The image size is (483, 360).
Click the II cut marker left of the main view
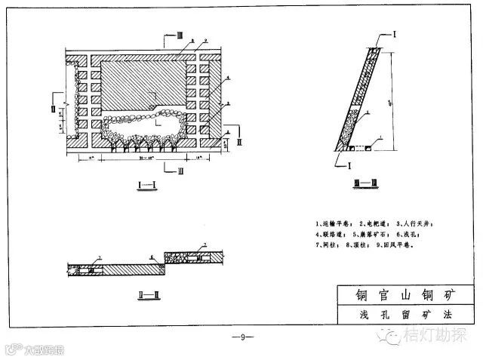(53, 109)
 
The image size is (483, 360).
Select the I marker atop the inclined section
(395, 34)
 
